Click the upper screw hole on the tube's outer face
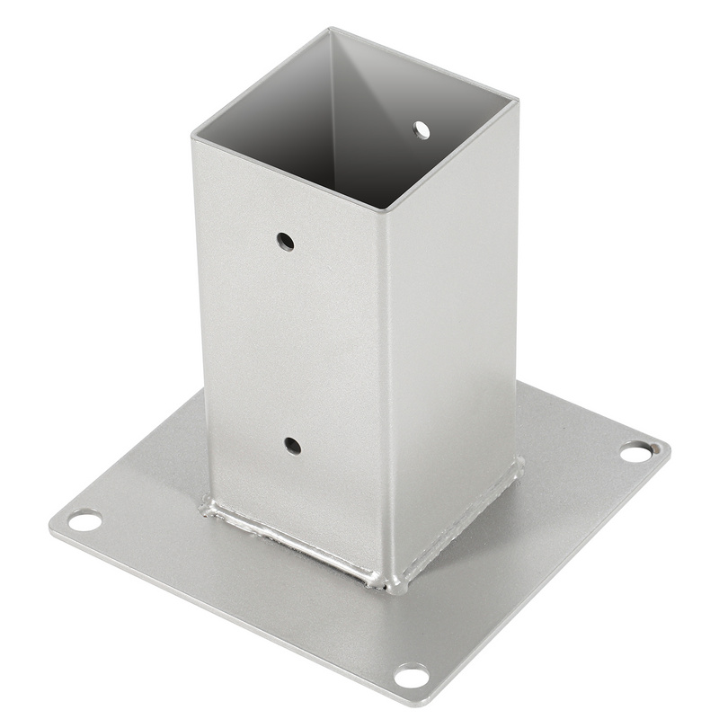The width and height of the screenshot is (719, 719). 285,241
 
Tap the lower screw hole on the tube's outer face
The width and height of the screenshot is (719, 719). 292,444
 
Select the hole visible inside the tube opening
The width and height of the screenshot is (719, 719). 422,130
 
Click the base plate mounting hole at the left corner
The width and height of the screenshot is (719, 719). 84,519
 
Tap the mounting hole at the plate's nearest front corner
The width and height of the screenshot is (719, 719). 412,675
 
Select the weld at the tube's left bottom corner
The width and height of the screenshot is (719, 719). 209,509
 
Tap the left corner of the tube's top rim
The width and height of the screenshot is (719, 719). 192,139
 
